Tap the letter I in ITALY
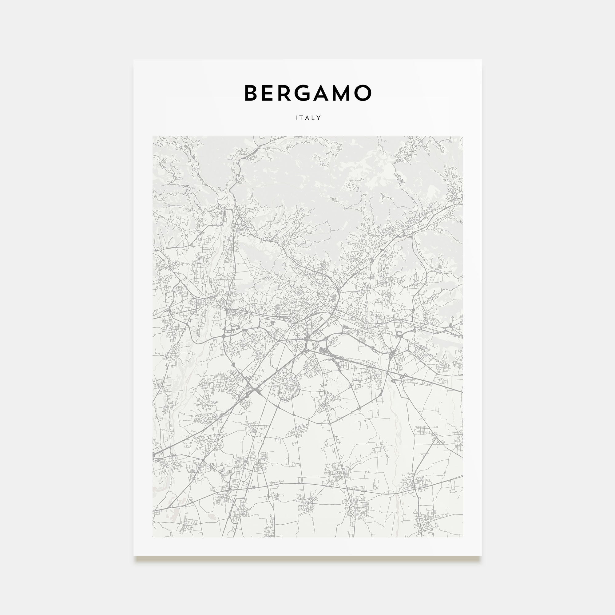point(296,118)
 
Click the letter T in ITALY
point(301,118)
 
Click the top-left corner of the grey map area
point(153,137)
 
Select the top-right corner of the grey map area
point(463,137)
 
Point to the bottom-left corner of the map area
point(153,537)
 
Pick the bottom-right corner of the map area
point(463,537)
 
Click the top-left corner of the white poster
point(134,60)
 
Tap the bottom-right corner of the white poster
point(481,556)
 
